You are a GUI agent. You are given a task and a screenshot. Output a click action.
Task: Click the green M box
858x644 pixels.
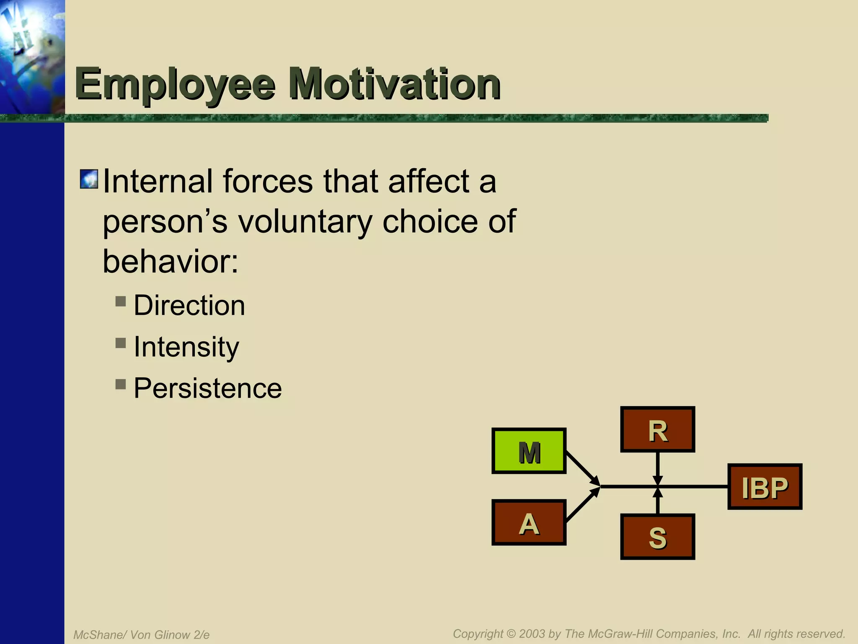(x=529, y=451)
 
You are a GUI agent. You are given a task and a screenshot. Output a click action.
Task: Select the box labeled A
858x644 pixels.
(x=529, y=522)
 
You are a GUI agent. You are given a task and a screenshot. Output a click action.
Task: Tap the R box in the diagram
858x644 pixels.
(x=657, y=429)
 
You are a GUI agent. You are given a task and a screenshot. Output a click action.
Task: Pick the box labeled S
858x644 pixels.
(x=657, y=537)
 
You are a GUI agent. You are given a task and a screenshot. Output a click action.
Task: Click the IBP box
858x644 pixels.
(x=765, y=487)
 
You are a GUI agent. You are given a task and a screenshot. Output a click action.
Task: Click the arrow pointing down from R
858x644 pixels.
(x=658, y=467)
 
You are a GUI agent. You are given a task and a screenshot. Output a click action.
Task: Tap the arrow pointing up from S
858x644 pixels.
(x=658, y=502)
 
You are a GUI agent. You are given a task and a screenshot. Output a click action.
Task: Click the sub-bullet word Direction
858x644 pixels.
(x=189, y=305)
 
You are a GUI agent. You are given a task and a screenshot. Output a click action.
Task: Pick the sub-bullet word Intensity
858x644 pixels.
(x=186, y=347)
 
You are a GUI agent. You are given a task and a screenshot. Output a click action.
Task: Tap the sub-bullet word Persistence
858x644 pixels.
(x=207, y=388)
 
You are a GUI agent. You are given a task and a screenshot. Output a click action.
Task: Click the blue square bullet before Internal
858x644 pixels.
(x=89, y=179)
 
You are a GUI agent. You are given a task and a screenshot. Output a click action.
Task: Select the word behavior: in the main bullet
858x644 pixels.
(x=171, y=261)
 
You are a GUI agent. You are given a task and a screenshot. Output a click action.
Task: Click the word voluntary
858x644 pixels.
(x=305, y=222)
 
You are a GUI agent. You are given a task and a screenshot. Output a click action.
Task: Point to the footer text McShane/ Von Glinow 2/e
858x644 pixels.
(x=141, y=635)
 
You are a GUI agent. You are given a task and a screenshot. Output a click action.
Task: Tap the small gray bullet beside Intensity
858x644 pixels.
(x=121, y=343)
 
